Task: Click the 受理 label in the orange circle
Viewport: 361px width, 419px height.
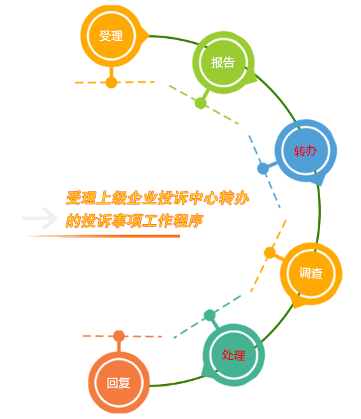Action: point(111,36)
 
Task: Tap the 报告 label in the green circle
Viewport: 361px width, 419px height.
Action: point(223,62)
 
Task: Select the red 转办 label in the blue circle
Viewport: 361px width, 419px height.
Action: point(306,152)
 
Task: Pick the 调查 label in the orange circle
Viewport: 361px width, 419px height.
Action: point(311,273)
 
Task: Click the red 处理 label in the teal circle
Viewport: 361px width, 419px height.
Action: point(233,355)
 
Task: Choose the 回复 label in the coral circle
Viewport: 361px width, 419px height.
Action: point(118,383)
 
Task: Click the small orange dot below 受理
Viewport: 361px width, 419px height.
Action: point(112,82)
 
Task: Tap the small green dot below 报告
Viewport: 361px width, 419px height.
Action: point(201,103)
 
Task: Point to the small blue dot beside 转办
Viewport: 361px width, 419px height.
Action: point(263,169)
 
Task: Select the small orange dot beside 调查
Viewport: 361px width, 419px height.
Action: point(270,253)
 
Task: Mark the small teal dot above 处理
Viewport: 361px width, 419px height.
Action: point(210,315)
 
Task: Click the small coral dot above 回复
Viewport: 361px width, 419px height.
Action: point(119,336)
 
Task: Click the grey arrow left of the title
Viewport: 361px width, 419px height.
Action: point(40,218)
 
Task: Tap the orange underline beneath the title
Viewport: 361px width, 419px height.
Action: point(103,236)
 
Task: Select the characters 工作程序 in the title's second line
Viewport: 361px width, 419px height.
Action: point(172,221)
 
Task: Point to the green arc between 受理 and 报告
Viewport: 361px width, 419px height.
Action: point(175,38)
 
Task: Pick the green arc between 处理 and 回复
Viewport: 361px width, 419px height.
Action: point(177,383)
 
